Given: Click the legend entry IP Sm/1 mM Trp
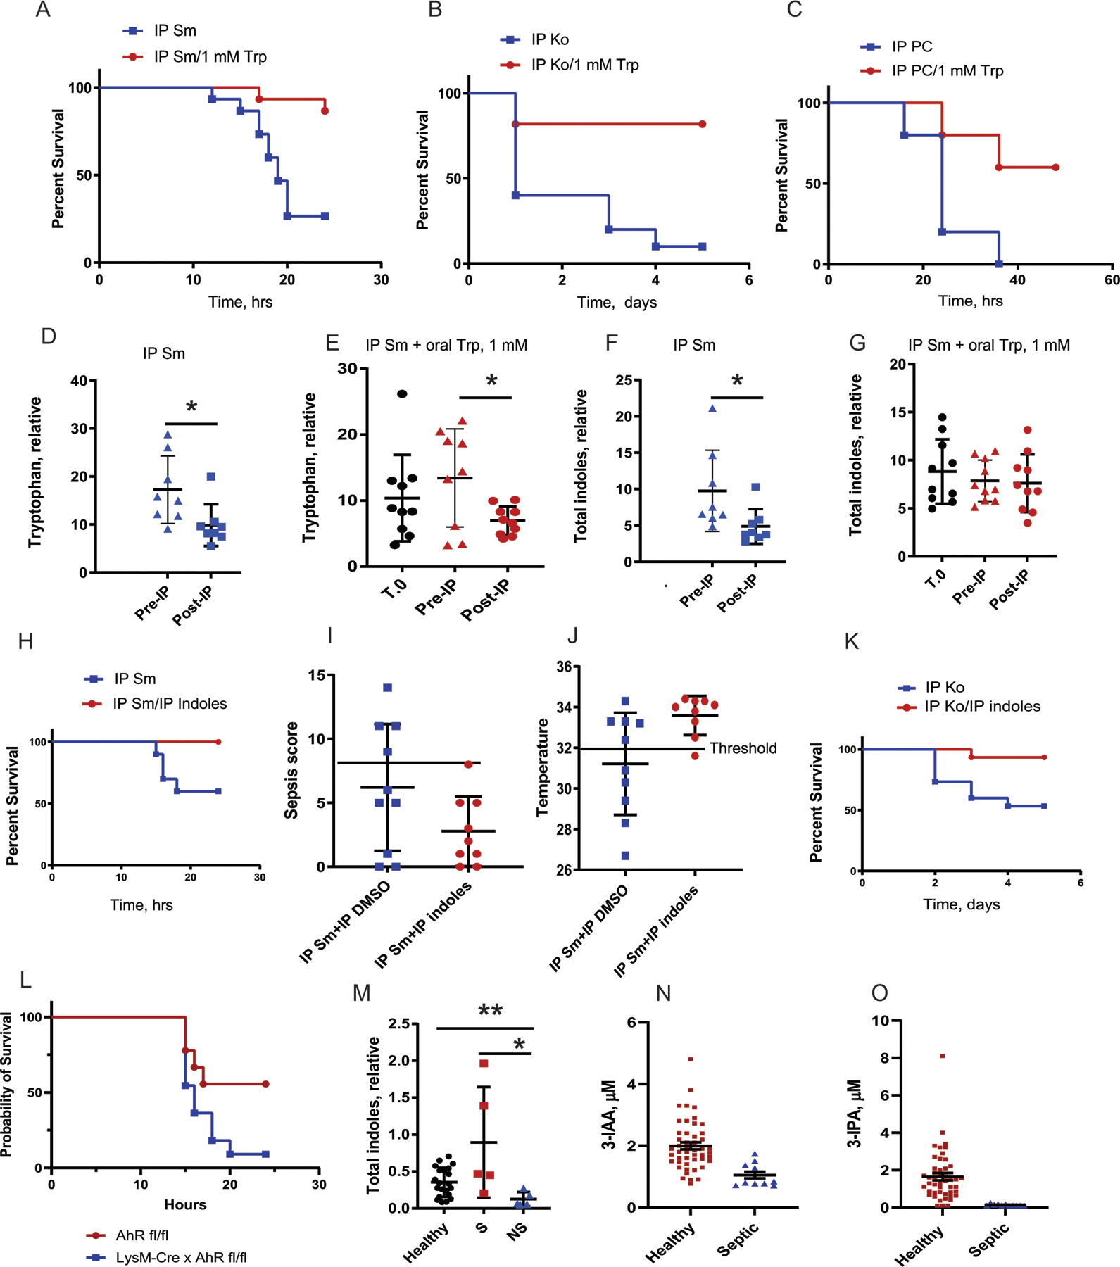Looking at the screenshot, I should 210,56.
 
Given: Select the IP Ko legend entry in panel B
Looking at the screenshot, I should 550,39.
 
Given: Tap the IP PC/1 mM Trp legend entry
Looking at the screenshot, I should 947,70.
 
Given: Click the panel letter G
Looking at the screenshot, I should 857,343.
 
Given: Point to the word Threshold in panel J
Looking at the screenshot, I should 743,748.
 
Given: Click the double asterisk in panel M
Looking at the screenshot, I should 490,1011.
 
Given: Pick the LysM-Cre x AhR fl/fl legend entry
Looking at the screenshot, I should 181,1257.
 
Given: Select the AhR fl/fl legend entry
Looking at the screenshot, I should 141,1235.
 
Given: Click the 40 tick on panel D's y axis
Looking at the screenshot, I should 79,381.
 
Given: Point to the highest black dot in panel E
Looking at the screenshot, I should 402,393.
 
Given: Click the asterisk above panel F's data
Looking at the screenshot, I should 737,381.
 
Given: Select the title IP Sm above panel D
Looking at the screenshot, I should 164,353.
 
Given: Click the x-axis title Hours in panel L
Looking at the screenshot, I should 185,1204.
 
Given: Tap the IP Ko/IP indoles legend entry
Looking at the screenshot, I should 982,706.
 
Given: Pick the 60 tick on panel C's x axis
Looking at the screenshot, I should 1112,280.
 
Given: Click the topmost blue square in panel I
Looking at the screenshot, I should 387,688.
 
